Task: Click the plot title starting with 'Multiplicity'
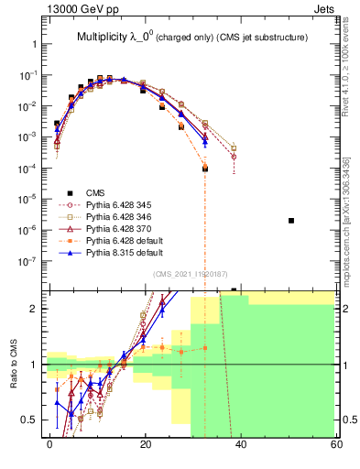click(191, 37)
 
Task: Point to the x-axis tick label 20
click(146, 444)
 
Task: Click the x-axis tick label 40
click(241, 444)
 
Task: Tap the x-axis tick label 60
click(335, 444)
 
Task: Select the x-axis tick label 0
click(50, 444)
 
